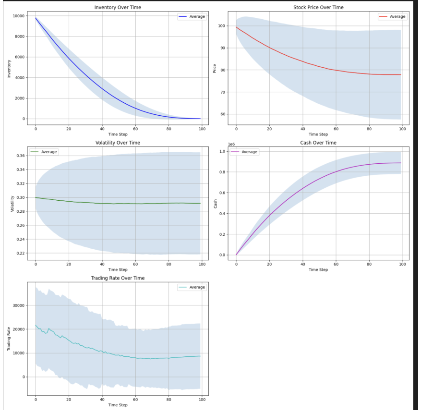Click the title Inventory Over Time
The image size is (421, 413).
tap(118, 8)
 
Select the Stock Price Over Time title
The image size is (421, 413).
tap(318, 8)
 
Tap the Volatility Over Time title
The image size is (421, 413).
tap(118, 143)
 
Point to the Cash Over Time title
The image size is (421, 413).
tap(318, 143)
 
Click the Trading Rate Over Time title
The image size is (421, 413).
tap(118, 278)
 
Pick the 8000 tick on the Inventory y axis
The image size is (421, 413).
tap(19, 36)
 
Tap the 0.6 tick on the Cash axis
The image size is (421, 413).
tap(222, 193)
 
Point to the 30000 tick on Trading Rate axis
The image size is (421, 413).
tap(19, 305)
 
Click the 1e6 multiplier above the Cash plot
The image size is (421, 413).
tap(231, 144)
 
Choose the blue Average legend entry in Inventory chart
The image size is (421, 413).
tap(192, 17)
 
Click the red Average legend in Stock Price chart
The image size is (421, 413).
tap(393, 17)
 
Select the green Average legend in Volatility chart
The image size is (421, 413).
tap(44, 152)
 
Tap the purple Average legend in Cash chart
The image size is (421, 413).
tap(244, 152)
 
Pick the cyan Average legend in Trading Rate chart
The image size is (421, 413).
tap(192, 287)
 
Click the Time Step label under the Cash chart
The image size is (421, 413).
tap(318, 269)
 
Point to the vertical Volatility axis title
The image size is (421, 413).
tap(12, 204)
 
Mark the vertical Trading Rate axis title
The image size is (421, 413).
tap(9, 339)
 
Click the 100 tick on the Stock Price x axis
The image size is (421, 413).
tap(402, 129)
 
